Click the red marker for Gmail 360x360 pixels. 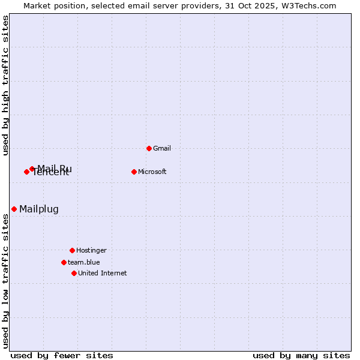[x=149, y=148]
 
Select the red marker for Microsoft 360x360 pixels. [x=134, y=172]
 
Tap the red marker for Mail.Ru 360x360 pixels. [x=32, y=169]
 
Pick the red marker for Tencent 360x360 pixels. [x=26, y=172]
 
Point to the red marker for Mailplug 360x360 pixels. [x=14, y=209]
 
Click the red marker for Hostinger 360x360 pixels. [x=72, y=250]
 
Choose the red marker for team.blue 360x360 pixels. [x=64, y=262]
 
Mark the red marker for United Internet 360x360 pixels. [x=74, y=273]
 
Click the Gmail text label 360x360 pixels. [x=162, y=148]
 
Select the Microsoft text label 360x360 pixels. [x=152, y=172]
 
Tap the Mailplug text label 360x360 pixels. [x=39, y=209]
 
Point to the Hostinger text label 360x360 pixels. [x=91, y=250]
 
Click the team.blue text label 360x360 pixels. [x=84, y=262]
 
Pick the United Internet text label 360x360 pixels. [x=103, y=273]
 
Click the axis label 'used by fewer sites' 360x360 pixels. [x=62, y=355]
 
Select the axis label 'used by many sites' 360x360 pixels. [x=301, y=355]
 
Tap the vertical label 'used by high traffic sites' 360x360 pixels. [x=5, y=85]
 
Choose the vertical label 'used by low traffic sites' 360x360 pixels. [x=5, y=281]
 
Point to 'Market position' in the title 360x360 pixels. [x=53, y=5]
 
